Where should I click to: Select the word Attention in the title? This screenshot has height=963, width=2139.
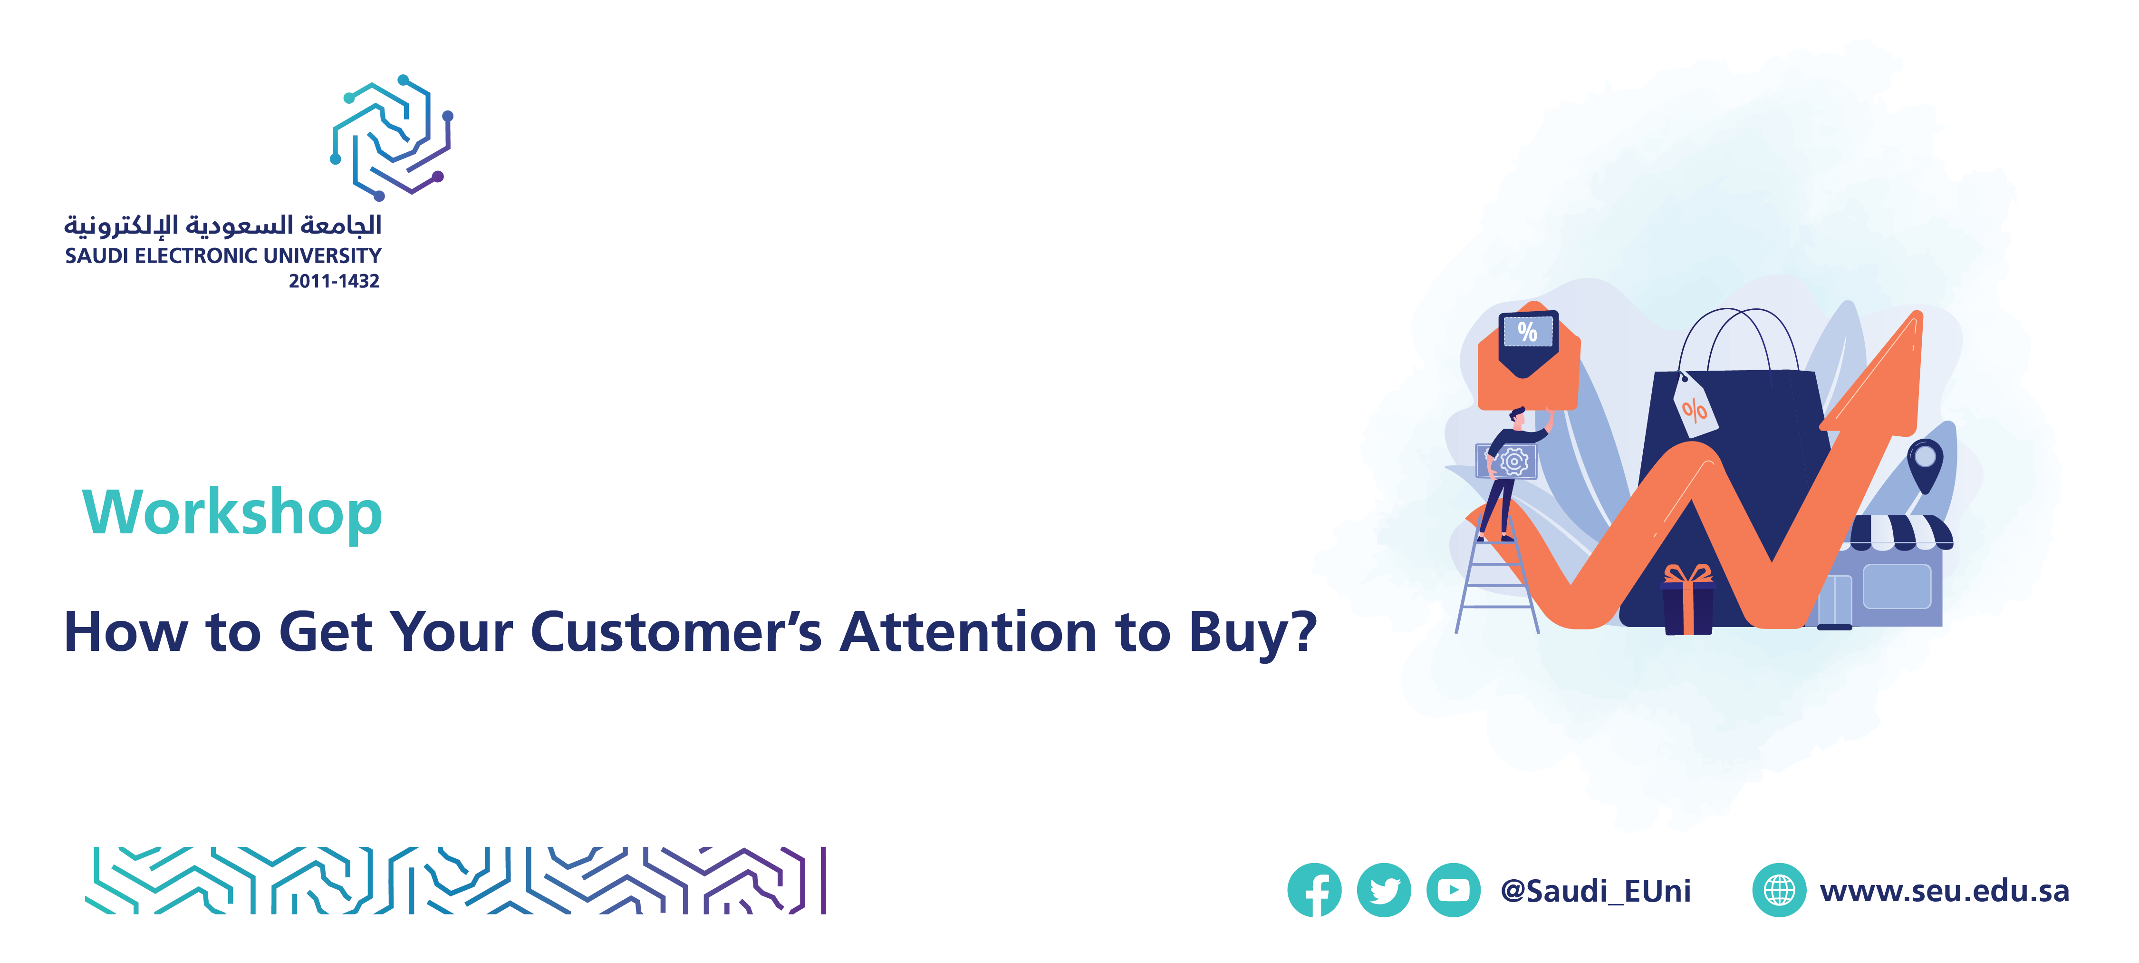(x=969, y=632)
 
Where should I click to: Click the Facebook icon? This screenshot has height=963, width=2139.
(x=1314, y=890)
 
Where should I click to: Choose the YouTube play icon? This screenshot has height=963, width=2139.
(x=1453, y=890)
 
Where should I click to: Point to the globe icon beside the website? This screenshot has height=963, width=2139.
(x=1779, y=890)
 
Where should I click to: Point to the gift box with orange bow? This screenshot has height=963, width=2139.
(x=1687, y=600)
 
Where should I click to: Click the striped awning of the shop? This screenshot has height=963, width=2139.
(x=1900, y=532)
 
